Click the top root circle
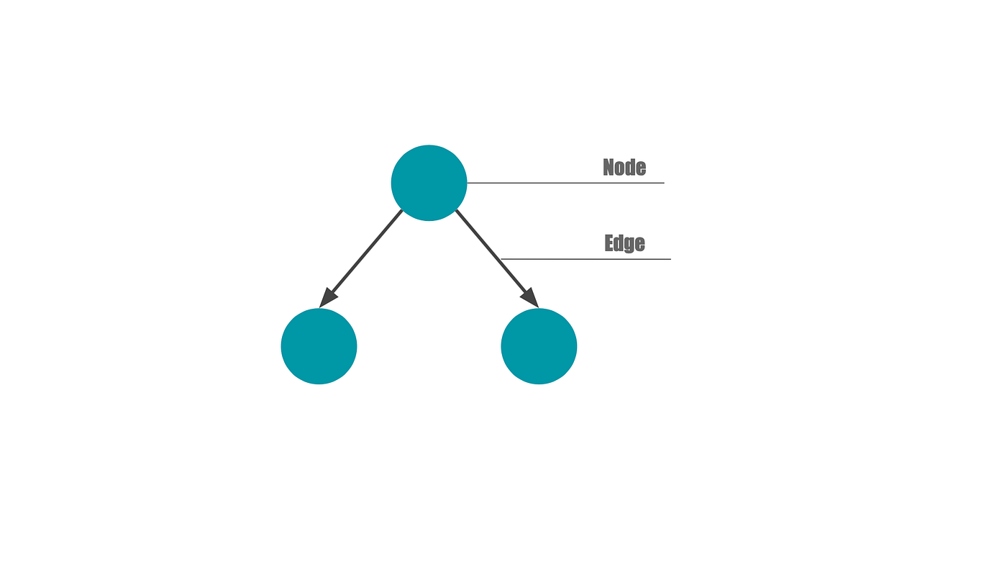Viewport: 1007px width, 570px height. point(429,183)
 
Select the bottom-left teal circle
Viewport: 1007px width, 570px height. point(319,346)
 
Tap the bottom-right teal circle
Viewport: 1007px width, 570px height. point(539,346)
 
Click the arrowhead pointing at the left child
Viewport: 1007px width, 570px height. point(328,297)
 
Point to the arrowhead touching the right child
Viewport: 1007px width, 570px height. point(530,296)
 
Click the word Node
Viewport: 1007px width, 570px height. point(624,168)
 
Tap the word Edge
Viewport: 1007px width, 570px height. point(624,243)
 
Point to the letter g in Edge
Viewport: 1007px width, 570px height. point(630,245)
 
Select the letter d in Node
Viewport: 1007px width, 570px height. point(631,168)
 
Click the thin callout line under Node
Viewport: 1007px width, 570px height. point(568,183)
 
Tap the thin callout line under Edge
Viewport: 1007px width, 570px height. point(586,258)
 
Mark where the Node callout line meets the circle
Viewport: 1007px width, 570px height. point(468,183)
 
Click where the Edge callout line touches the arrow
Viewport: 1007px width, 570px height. point(501,258)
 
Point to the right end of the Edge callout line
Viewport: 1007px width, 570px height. point(670,258)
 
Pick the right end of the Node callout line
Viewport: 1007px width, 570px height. point(663,183)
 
